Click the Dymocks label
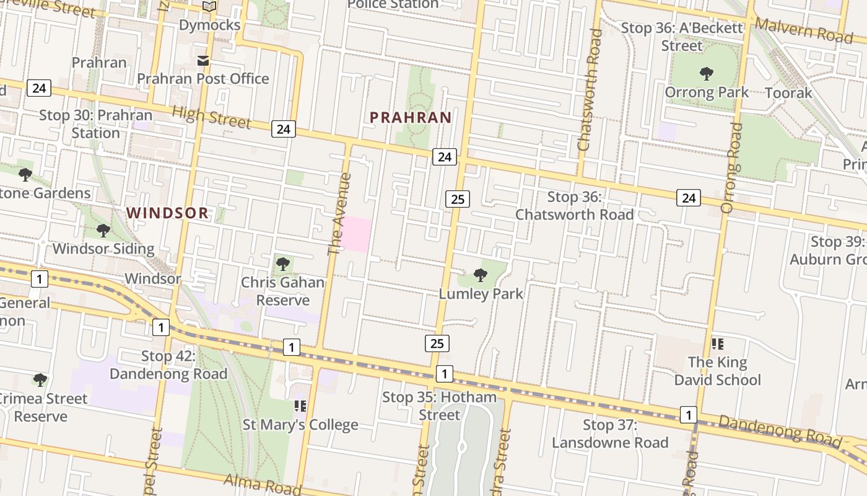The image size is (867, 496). [x=209, y=25]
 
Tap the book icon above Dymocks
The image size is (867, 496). [x=209, y=7]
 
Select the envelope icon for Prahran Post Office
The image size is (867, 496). [x=203, y=61]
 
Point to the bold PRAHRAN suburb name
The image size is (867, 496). [x=411, y=117]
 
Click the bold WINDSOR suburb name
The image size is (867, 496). [x=167, y=213]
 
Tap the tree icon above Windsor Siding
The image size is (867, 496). [x=103, y=231]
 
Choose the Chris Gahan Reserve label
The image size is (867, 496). [x=282, y=291]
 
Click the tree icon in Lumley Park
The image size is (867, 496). [x=480, y=275]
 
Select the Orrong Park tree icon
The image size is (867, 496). [x=706, y=74]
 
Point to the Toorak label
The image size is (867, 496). [x=788, y=93]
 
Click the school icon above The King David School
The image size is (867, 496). [x=718, y=343]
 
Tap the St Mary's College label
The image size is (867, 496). [x=300, y=425]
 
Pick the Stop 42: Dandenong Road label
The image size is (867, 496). [x=168, y=365]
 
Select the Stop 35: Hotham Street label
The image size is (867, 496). [x=440, y=406]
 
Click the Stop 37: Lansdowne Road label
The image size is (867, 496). [x=610, y=434]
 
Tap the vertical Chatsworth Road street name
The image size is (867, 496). [x=590, y=90]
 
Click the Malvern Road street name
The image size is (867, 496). [x=804, y=30]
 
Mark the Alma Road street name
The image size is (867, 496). [x=255, y=483]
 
